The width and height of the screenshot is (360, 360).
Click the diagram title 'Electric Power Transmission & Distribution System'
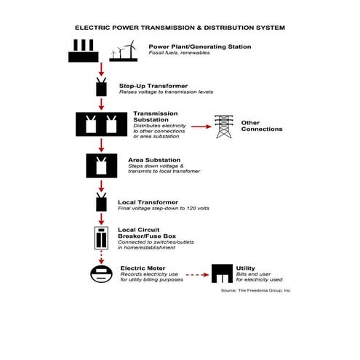point(180,28)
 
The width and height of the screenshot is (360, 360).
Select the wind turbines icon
point(123,51)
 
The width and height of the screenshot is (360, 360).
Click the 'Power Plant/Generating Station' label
point(200,47)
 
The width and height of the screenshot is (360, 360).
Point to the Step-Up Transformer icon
point(102,88)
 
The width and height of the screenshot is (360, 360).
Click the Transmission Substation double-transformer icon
point(102,124)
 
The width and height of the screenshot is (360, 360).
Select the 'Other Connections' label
point(261,126)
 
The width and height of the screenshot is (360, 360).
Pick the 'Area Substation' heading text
point(155,160)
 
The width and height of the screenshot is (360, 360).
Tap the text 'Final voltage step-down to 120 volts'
point(163,208)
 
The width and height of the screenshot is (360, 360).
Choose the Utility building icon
point(220,274)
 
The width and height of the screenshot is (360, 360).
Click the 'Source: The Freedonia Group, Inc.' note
point(255,290)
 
